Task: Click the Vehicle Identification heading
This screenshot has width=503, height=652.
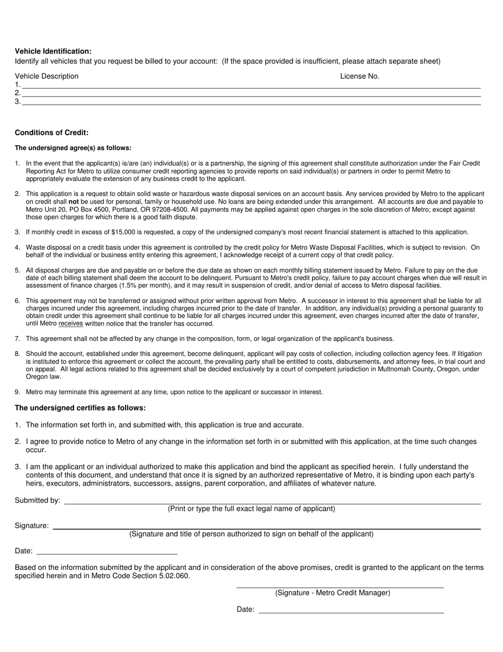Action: pyautogui.click(x=53, y=51)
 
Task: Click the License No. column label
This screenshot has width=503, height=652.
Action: pyautogui.click(x=360, y=76)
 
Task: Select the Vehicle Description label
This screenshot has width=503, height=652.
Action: pyautogui.click(x=47, y=76)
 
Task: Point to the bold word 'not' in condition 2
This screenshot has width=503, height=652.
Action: pyautogui.click(x=73, y=202)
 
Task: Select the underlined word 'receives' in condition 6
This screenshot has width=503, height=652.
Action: pyautogui.click(x=70, y=324)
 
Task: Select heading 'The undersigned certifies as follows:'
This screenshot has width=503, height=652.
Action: pyautogui.click(x=80, y=408)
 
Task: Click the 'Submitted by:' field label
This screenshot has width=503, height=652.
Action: pyautogui.click(x=38, y=500)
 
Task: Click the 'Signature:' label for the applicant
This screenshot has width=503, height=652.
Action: pyautogui.click(x=32, y=526)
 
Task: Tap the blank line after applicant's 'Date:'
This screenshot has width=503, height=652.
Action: pyautogui.click(x=106, y=551)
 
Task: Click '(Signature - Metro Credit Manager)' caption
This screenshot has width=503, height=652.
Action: pyautogui.click(x=333, y=593)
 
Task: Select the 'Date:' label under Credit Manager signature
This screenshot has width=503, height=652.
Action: pyautogui.click(x=246, y=610)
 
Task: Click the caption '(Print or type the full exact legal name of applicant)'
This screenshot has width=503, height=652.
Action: pyautogui.click(x=251, y=509)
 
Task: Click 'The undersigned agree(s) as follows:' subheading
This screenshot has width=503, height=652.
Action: pyautogui.click(x=73, y=148)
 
